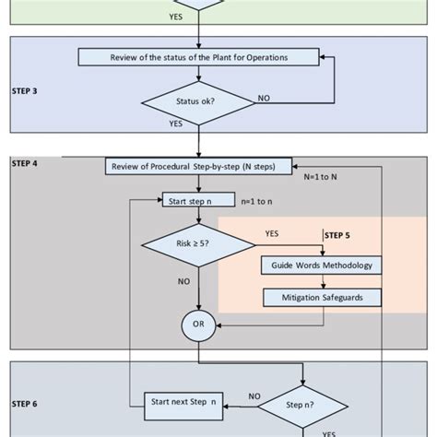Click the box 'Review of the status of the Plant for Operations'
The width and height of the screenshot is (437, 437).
198,57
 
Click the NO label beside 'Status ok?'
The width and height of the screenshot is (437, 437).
264,97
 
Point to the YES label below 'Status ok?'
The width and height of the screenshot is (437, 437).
175,123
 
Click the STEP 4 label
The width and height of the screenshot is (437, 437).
25,163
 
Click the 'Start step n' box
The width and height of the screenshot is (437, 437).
197,199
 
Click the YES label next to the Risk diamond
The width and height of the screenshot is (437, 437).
273,233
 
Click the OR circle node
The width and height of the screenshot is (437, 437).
198,325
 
